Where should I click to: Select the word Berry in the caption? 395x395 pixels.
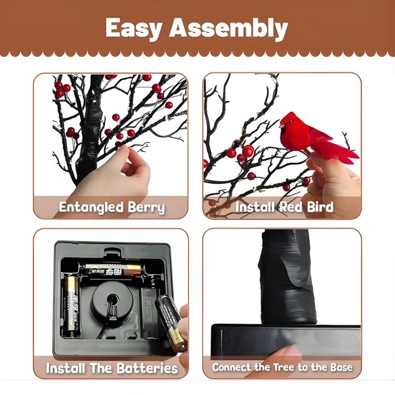(x=146, y=207)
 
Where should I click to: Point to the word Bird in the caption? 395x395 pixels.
(x=320, y=207)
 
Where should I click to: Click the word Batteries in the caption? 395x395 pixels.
(x=148, y=368)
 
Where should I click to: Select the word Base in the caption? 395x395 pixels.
(x=341, y=367)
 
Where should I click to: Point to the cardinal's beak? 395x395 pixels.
(x=282, y=125)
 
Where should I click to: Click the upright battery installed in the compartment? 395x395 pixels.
(x=72, y=307)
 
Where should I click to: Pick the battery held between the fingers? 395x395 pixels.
(x=171, y=323)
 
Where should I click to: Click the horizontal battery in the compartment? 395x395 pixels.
(x=114, y=269)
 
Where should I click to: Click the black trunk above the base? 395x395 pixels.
(x=287, y=277)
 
